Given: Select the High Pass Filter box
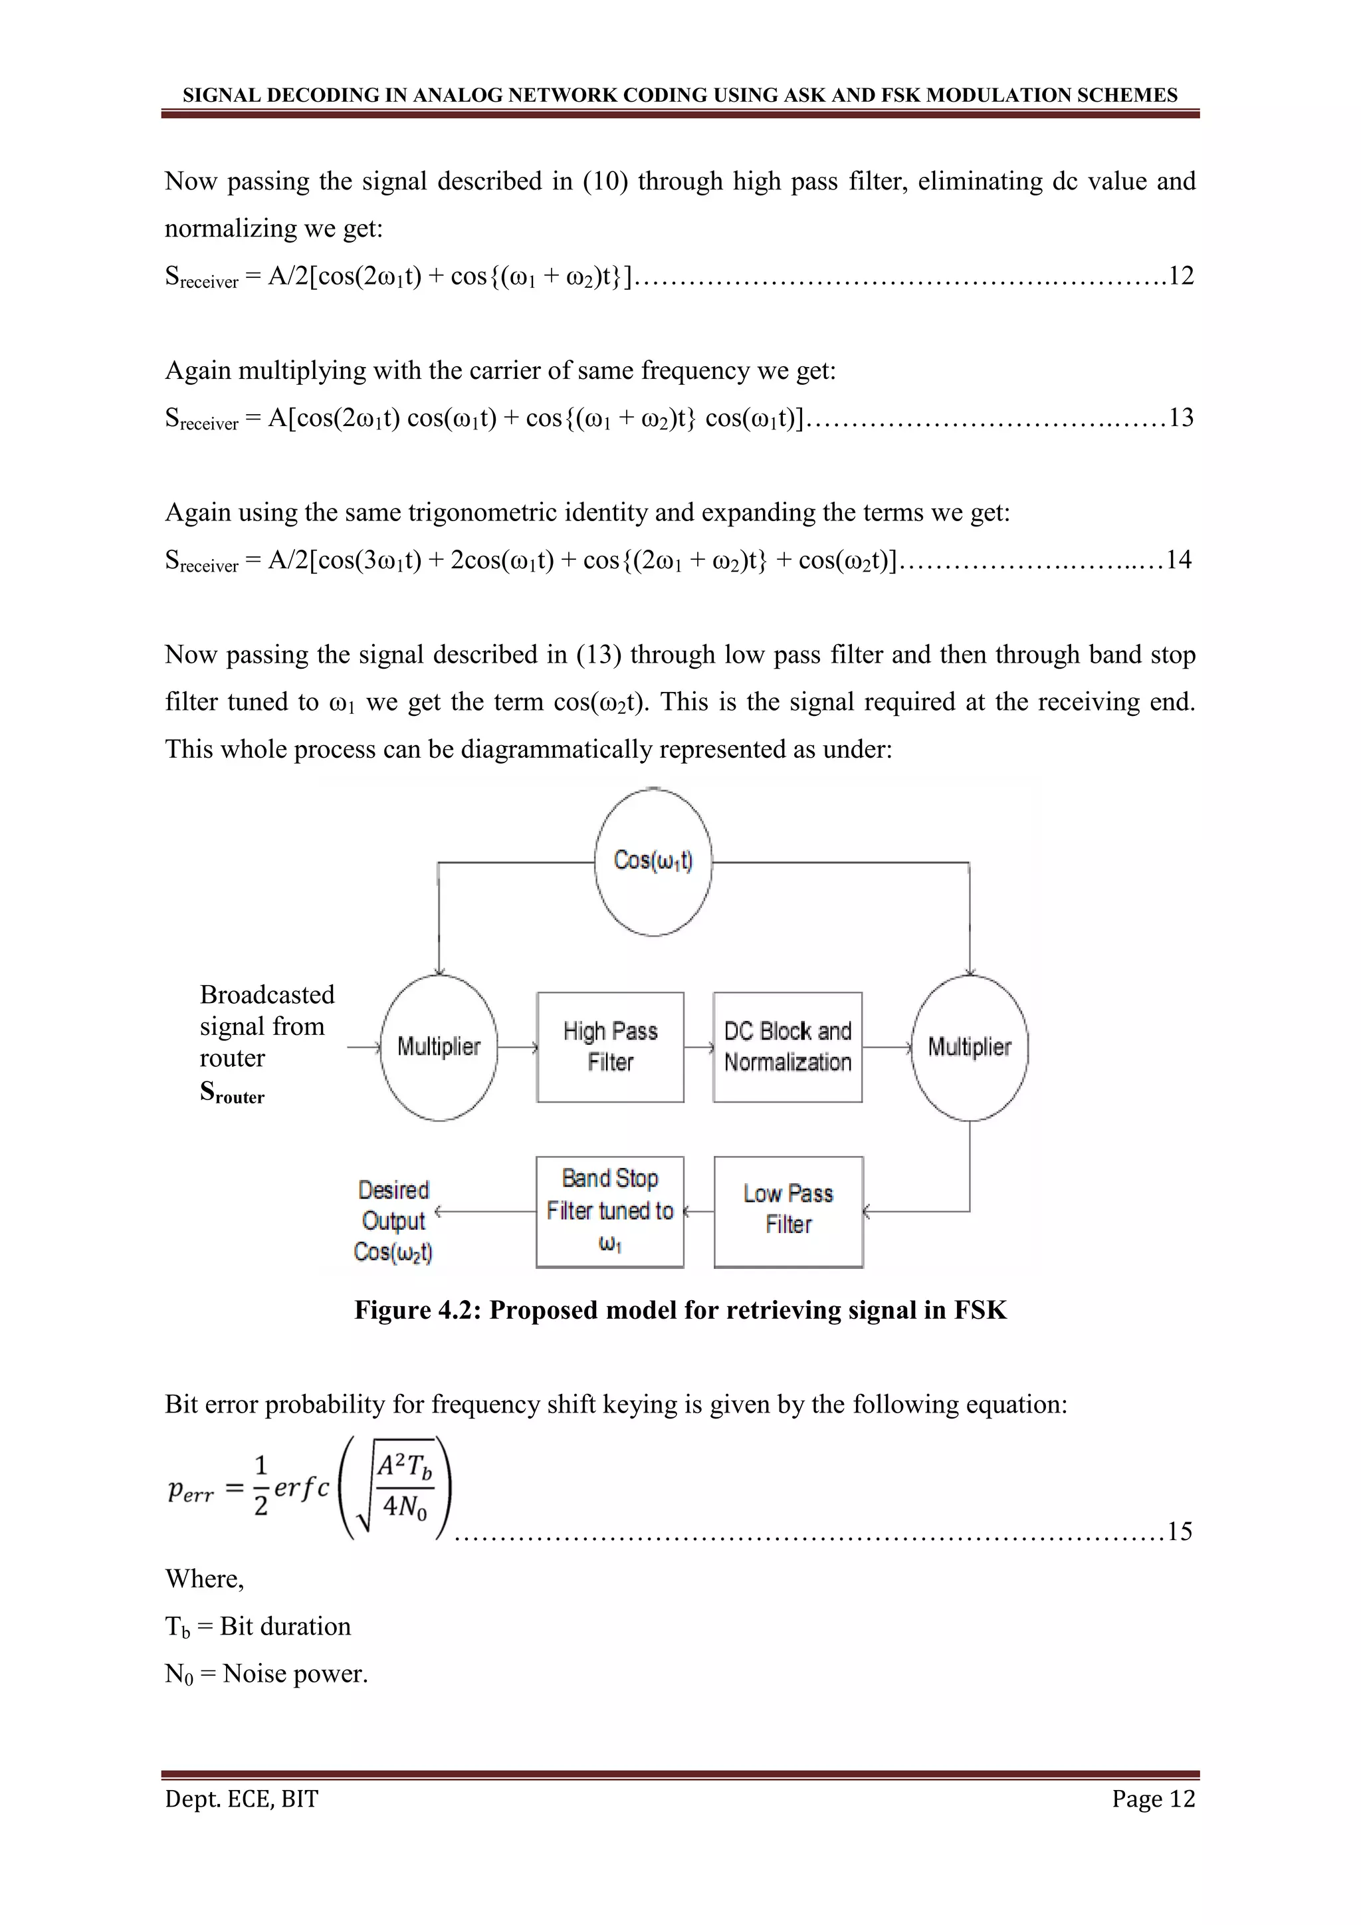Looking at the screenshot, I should click(x=610, y=1046).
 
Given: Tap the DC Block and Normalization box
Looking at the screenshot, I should click(x=787, y=1046).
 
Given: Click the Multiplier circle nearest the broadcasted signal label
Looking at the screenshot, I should click(x=439, y=1047).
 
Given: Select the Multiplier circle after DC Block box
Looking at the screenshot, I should click(x=970, y=1047).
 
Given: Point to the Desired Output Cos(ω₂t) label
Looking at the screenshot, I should click(x=393, y=1220).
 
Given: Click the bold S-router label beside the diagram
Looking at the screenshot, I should click(x=231, y=1091).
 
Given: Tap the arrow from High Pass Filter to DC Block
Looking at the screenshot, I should click(x=698, y=1046).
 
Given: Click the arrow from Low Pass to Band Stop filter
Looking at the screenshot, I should click(x=699, y=1212).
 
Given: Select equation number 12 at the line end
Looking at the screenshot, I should click(x=1181, y=276).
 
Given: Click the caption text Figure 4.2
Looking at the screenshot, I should click(x=680, y=1309).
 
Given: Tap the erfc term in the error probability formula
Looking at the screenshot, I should click(x=302, y=1488).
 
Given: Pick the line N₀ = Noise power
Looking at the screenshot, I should click(x=266, y=1674).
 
